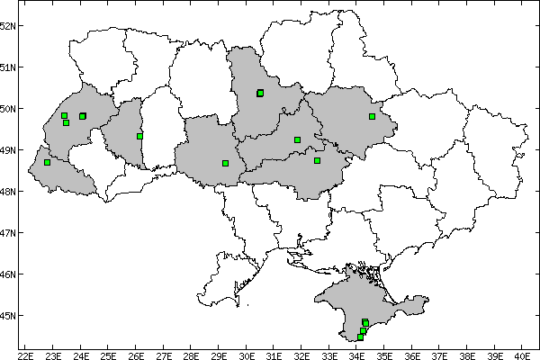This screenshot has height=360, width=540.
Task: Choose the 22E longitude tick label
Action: pos(25,354)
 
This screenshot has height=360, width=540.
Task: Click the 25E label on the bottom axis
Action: pos(108,354)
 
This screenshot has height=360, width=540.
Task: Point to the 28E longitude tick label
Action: pos(191,354)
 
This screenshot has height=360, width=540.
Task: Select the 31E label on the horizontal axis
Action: pos(274,354)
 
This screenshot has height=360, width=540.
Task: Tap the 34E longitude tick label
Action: pos(356,354)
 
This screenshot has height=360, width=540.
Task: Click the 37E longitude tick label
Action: pos(439,354)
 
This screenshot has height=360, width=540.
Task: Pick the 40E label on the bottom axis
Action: pos(522,354)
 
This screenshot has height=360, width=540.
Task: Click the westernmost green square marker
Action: pos(47,162)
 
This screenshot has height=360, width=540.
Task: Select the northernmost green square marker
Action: pos(260,93)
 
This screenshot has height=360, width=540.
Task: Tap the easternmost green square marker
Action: pos(372,116)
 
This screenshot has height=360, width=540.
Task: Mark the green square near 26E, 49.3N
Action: pos(139,136)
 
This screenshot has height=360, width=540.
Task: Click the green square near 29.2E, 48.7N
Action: pos(225,163)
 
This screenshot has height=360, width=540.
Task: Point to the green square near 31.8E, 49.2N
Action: pos(297,139)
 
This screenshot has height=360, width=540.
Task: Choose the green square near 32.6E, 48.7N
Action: pos(317,160)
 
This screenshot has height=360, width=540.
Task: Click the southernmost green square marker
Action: pos(360,337)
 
